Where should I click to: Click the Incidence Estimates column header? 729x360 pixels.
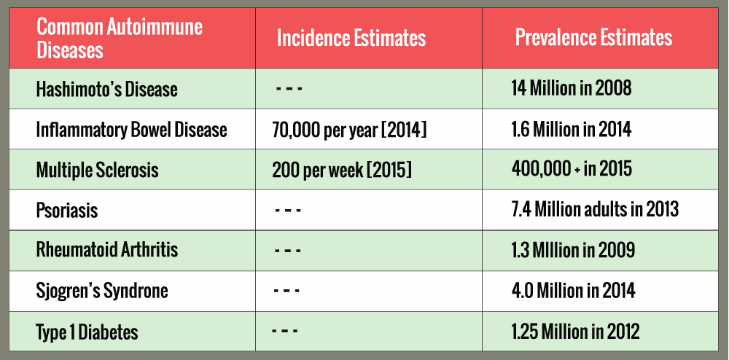(x=351, y=38)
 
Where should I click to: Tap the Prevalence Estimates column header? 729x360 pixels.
(x=593, y=38)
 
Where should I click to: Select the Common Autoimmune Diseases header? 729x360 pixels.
(x=120, y=38)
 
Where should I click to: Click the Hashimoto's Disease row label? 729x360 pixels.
(x=107, y=89)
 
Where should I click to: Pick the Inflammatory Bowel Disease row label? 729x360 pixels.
(x=131, y=130)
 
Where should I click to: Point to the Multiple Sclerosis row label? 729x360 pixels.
(x=97, y=170)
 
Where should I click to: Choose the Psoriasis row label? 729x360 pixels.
(x=67, y=211)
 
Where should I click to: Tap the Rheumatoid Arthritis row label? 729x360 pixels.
(x=107, y=250)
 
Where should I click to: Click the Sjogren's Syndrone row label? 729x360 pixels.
(x=102, y=291)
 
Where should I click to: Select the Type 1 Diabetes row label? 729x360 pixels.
(x=87, y=332)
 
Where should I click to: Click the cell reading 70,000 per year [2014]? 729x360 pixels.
(x=350, y=130)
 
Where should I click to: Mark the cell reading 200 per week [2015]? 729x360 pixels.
(x=342, y=171)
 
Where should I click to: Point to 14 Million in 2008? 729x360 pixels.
(x=572, y=88)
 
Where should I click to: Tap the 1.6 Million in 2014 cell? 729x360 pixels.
(x=572, y=130)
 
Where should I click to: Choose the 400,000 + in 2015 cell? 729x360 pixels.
(x=572, y=169)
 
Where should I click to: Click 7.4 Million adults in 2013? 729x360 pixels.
(x=595, y=209)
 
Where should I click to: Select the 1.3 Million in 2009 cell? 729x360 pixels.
(x=573, y=250)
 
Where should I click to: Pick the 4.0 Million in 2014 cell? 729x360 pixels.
(x=573, y=290)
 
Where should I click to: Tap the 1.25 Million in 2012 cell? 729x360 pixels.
(x=576, y=331)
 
